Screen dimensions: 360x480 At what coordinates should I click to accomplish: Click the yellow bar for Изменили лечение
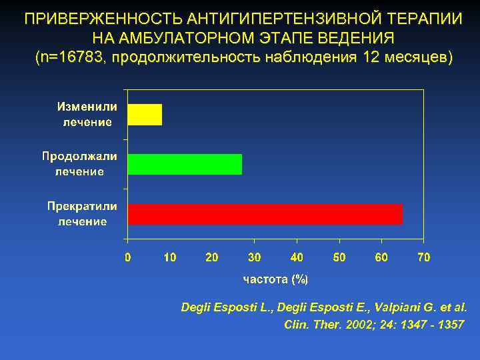point(145,115)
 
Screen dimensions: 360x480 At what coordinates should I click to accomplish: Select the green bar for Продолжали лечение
point(185,164)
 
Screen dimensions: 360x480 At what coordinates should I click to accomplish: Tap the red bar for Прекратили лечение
point(265,214)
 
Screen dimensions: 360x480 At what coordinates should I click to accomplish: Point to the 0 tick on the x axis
point(128,257)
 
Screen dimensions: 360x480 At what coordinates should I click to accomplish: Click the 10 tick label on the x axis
point(169,257)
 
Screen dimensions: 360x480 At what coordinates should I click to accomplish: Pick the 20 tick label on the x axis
point(212,257)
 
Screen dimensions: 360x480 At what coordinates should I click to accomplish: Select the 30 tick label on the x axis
point(254,257)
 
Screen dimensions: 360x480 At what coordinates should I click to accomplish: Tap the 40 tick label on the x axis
point(297,257)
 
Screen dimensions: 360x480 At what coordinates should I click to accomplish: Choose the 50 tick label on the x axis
point(339,257)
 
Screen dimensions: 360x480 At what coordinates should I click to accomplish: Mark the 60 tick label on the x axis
point(381,257)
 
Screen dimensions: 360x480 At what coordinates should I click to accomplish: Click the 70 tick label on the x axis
point(423,257)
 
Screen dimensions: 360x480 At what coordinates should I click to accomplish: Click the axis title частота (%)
point(275,279)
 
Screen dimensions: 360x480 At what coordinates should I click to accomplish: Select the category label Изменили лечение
point(87,115)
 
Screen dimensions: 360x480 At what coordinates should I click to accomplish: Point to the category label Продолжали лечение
point(79,164)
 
